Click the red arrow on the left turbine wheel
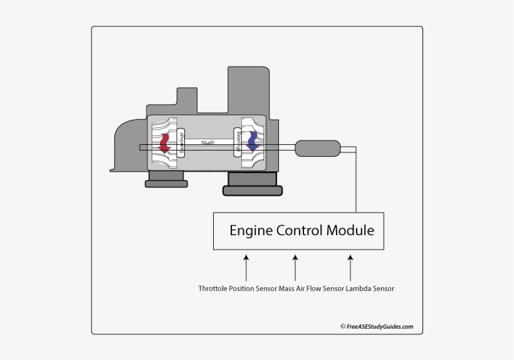click(165, 143)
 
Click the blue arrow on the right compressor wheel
click(253, 142)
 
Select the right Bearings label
click(238, 143)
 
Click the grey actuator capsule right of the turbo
click(317, 149)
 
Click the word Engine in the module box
click(251, 230)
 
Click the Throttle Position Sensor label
click(238, 289)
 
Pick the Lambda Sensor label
click(370, 289)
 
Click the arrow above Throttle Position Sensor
click(246, 267)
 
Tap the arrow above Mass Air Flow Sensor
click(295, 267)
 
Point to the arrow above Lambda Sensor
click(350, 267)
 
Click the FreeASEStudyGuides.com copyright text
click(377, 326)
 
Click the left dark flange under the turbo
click(165, 183)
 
